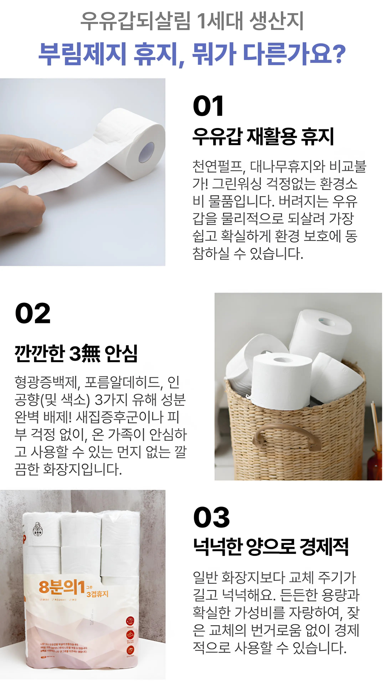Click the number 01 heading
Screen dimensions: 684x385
[208, 106]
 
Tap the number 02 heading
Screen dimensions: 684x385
[33, 313]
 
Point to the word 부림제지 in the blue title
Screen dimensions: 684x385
[82, 55]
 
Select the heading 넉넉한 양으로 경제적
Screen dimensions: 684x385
[271, 547]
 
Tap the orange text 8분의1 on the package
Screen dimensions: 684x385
[62, 587]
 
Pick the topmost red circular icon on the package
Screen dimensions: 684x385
[130, 621]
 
